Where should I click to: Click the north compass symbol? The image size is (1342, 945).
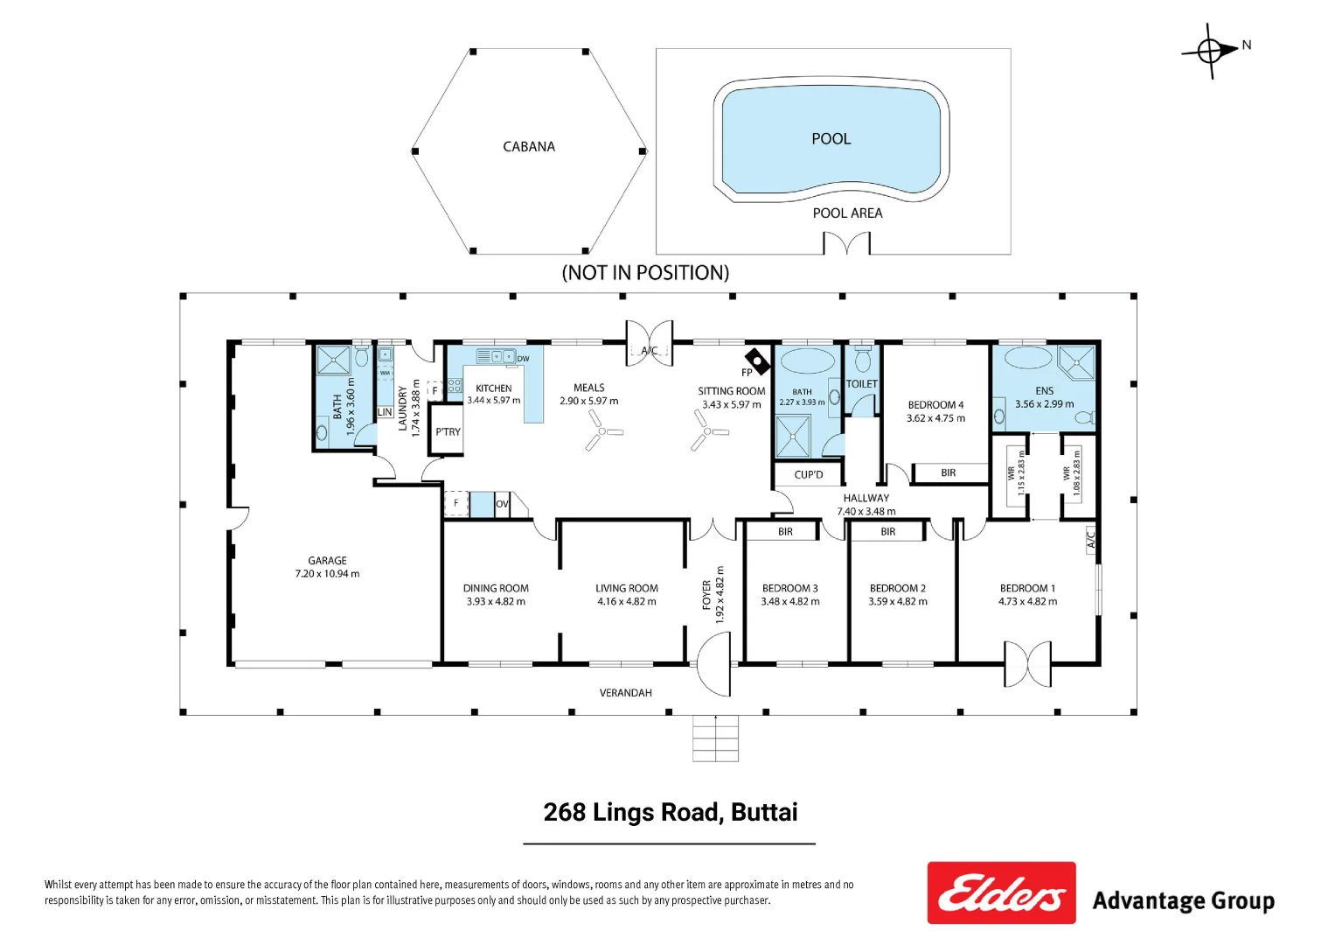point(1211,51)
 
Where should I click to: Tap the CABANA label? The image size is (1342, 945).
point(529,147)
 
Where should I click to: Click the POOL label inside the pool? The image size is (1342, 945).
point(831,139)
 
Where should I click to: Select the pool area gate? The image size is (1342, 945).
point(846,243)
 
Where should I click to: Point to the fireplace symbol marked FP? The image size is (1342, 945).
point(756,360)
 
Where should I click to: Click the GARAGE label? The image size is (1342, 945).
point(327,561)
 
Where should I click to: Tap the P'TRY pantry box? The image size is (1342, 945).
point(447,431)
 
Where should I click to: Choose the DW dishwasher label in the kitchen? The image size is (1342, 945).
point(523,359)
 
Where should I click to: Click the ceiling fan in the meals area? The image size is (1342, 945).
point(603,430)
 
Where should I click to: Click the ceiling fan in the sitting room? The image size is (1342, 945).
point(708,430)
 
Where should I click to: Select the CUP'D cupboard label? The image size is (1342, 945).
point(809,475)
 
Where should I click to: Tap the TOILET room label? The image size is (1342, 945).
point(861,384)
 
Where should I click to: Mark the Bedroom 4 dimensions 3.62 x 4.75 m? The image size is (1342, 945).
point(935,418)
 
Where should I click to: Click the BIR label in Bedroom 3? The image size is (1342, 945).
point(785,532)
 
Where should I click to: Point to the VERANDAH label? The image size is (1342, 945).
point(625,693)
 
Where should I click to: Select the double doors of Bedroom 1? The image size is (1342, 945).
point(1027,664)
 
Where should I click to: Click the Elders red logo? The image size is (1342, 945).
point(1001,893)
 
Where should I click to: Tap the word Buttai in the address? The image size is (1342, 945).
point(764,813)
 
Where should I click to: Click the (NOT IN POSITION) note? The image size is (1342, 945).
point(645,273)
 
